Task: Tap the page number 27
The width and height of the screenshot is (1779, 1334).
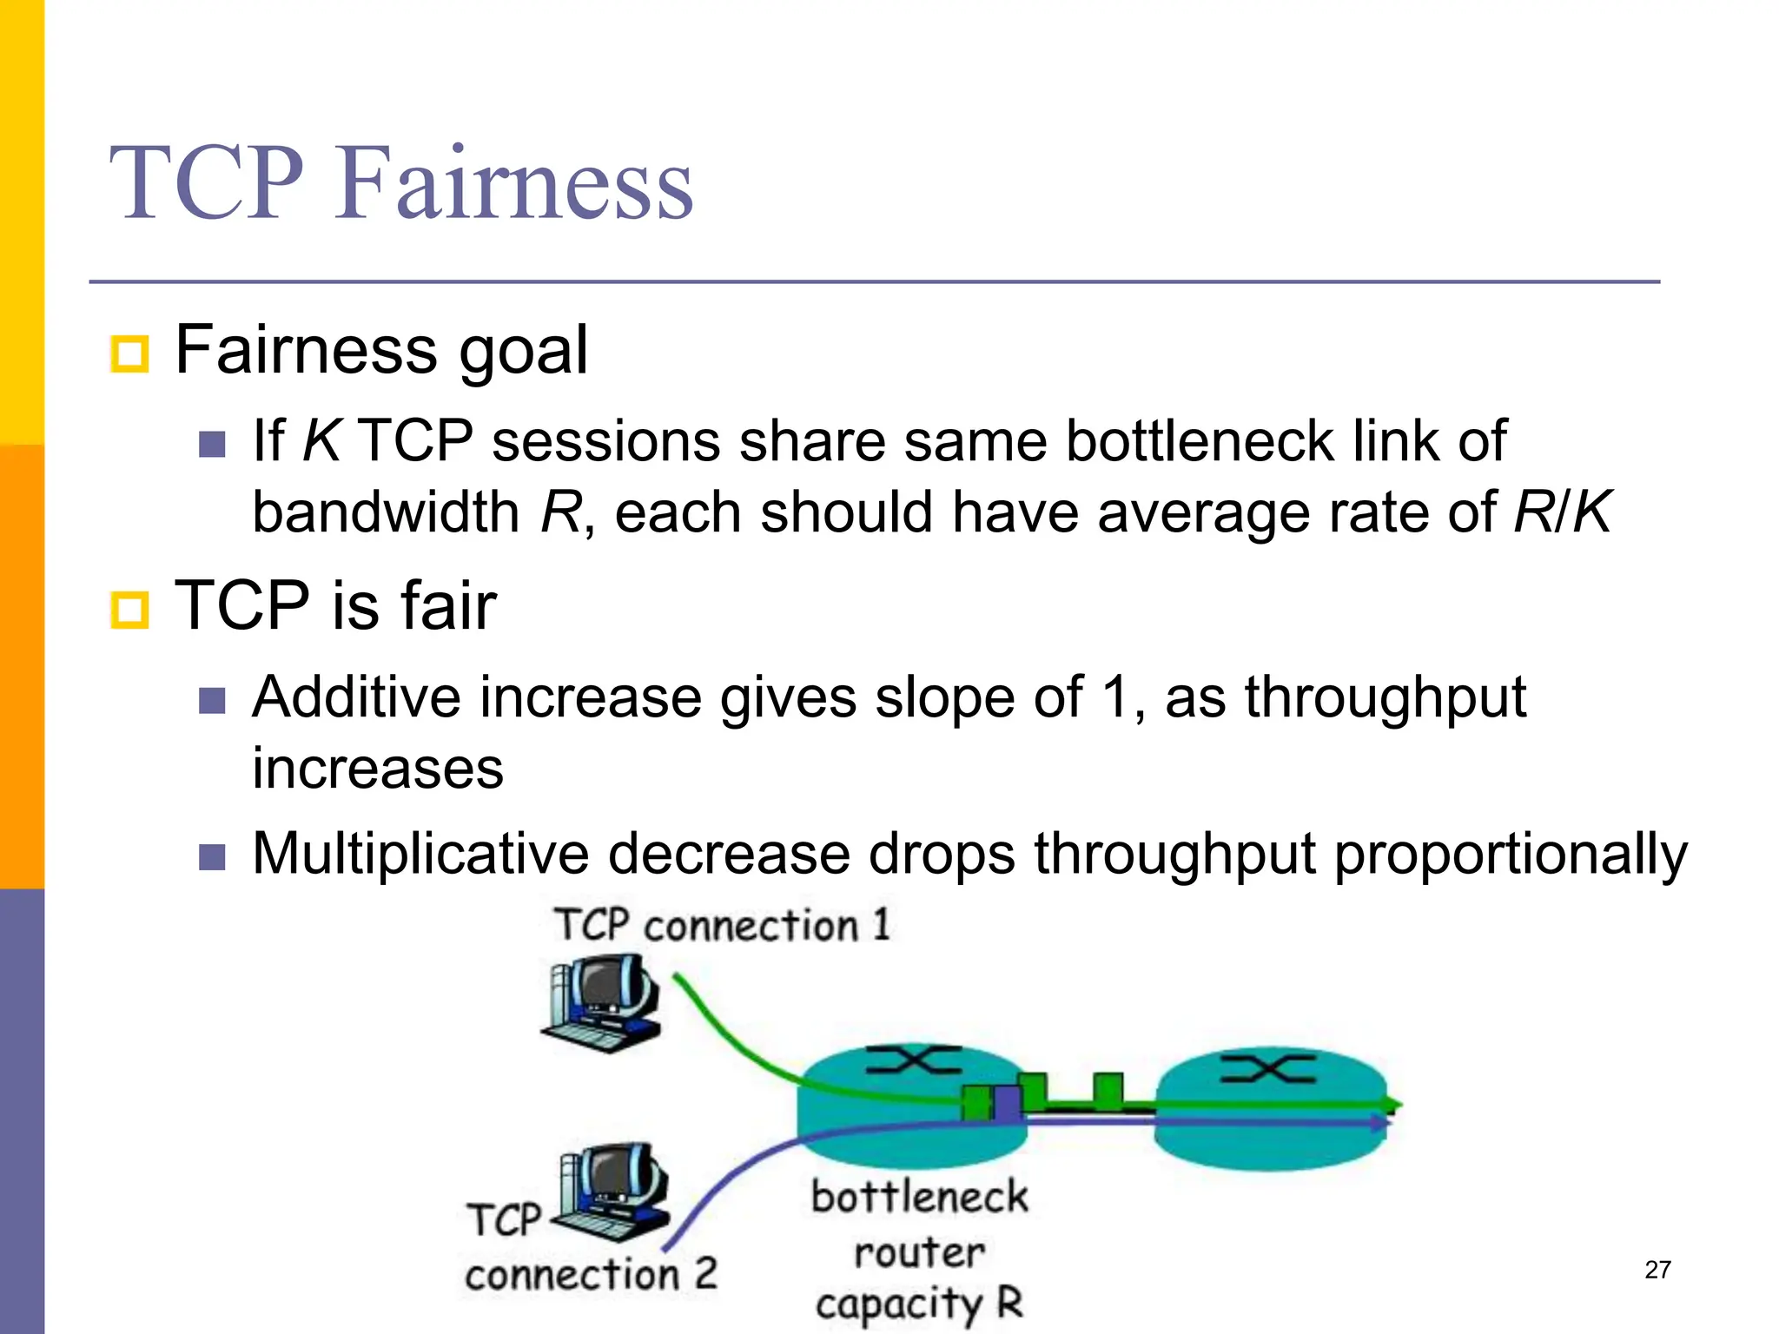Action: (x=1657, y=1270)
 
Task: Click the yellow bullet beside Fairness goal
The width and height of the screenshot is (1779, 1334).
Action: (x=130, y=353)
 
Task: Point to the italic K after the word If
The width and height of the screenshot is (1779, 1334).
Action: (x=321, y=440)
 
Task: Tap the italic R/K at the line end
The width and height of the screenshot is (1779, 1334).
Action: (x=1561, y=512)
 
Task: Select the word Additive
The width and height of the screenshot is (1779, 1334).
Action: (x=358, y=697)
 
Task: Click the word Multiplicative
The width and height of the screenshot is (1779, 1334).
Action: (x=420, y=853)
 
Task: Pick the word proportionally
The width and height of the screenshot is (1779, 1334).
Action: (x=1510, y=855)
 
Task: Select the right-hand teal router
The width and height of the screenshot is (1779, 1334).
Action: (x=1270, y=1107)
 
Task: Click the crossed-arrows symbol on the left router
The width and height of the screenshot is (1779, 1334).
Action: (x=914, y=1060)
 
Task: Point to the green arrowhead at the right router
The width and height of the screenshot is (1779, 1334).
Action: (x=1392, y=1105)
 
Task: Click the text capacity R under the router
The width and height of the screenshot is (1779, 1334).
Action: (x=919, y=1304)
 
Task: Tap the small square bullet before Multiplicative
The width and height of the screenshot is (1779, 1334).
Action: (x=212, y=858)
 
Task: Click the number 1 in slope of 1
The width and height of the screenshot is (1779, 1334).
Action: (x=1116, y=697)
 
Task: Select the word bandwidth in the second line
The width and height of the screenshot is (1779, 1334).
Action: (x=386, y=512)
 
